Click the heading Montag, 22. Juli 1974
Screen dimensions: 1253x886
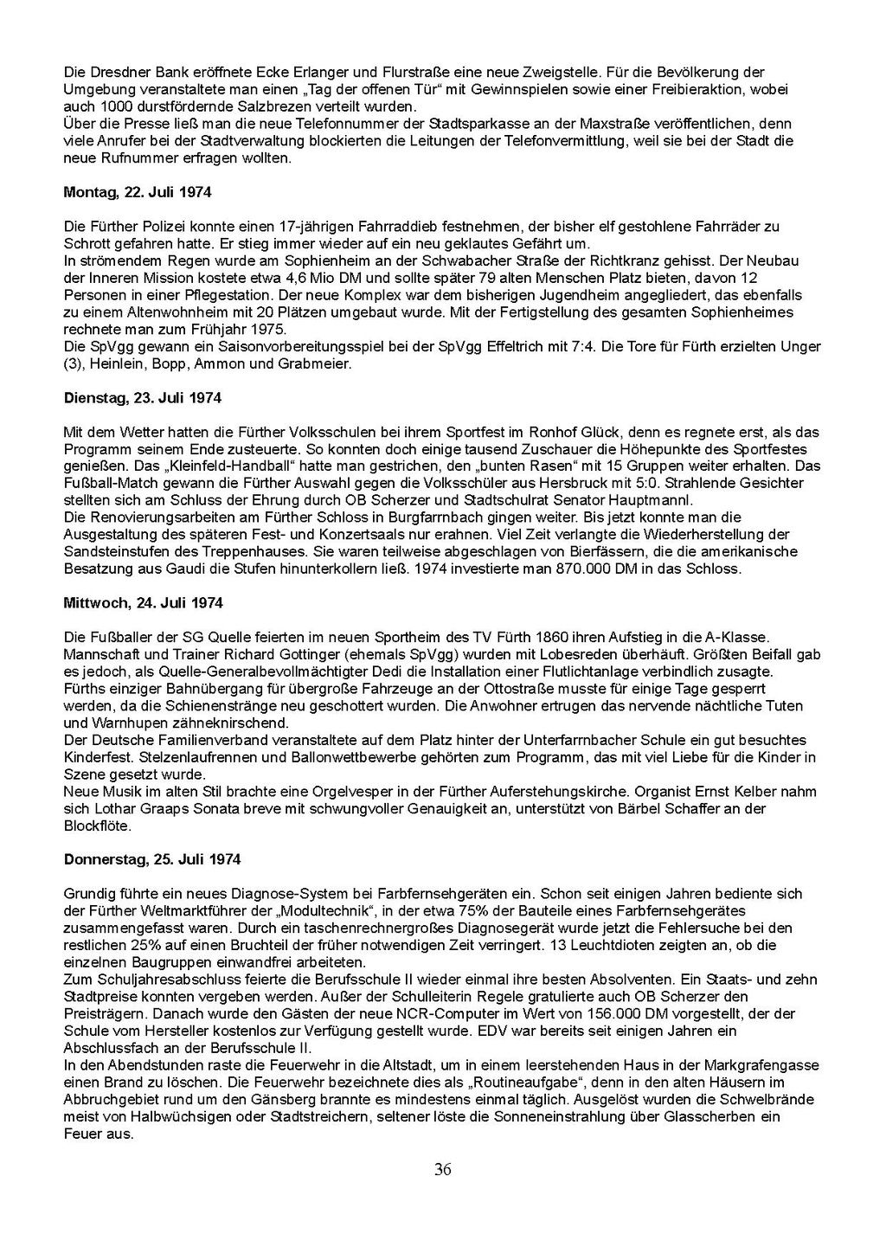coord(138,192)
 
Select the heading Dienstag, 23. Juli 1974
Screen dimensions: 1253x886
coord(143,398)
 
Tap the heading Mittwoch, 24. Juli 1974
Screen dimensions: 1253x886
coord(144,603)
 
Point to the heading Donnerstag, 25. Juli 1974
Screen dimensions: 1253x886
coord(152,860)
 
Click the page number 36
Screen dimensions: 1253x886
coord(443,1170)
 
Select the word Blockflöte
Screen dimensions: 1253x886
coord(98,826)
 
